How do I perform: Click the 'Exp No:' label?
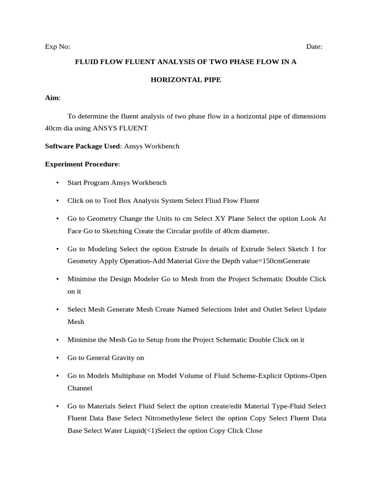click(57, 47)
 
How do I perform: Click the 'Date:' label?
click(314, 47)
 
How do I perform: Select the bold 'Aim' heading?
click(52, 98)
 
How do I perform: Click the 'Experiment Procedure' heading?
click(81, 165)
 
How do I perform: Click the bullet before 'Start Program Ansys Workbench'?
click(57, 183)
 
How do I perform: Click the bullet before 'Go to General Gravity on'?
click(57, 358)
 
